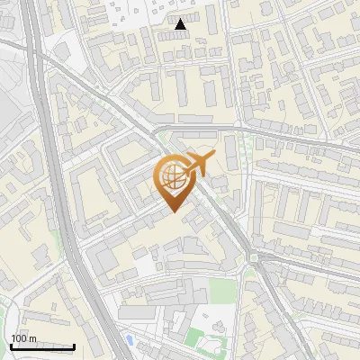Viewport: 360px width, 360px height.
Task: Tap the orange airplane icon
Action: tap(199, 164)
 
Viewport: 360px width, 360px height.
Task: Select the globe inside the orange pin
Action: tap(172, 179)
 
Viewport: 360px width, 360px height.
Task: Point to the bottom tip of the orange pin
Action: tap(172, 213)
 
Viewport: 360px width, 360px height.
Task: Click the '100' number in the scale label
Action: tap(20, 338)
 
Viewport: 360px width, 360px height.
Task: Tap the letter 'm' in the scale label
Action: tap(33, 338)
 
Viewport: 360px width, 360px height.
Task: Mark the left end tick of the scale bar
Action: tap(11, 346)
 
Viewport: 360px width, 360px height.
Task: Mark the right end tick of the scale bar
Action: tap(74, 346)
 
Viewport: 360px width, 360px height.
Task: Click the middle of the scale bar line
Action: tap(42, 346)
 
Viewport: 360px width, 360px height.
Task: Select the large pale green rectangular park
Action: tap(220, 290)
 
